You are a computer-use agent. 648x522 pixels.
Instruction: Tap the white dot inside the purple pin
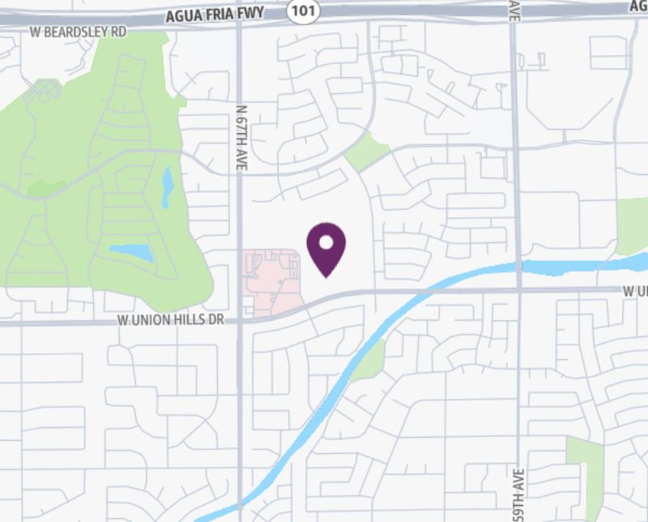click(x=326, y=242)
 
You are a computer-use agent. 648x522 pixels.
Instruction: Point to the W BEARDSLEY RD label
click(x=79, y=32)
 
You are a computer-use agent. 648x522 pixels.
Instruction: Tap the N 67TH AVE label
click(x=241, y=135)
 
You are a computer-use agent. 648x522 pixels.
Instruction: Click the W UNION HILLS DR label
click(x=170, y=320)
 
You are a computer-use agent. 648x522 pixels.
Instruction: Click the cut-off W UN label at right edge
click(x=636, y=290)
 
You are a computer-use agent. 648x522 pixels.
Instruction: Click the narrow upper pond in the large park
click(x=168, y=186)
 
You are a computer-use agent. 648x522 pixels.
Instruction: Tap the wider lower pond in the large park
click(x=132, y=253)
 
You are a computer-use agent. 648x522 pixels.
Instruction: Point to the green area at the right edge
click(x=633, y=225)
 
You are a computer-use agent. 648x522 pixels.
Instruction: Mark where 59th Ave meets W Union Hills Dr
click(x=518, y=289)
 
